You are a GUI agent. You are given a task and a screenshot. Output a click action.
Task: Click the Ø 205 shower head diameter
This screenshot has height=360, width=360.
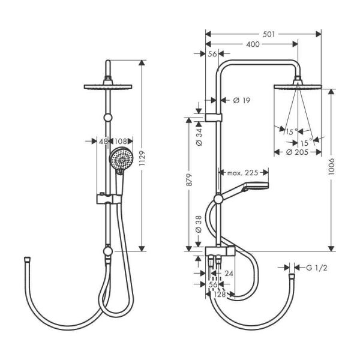click(x=297, y=152)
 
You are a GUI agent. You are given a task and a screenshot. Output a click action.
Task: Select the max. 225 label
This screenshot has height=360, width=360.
click(x=242, y=173)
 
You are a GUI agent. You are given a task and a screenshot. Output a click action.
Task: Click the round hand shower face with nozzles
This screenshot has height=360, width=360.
click(x=120, y=159)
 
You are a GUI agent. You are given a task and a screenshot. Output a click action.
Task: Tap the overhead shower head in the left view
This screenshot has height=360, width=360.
click(x=107, y=87)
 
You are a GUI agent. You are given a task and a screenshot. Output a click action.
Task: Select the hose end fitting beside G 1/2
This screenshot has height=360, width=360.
click(x=292, y=277)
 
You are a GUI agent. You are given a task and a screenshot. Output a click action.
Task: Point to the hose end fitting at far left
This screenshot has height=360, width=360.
click(x=26, y=260)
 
